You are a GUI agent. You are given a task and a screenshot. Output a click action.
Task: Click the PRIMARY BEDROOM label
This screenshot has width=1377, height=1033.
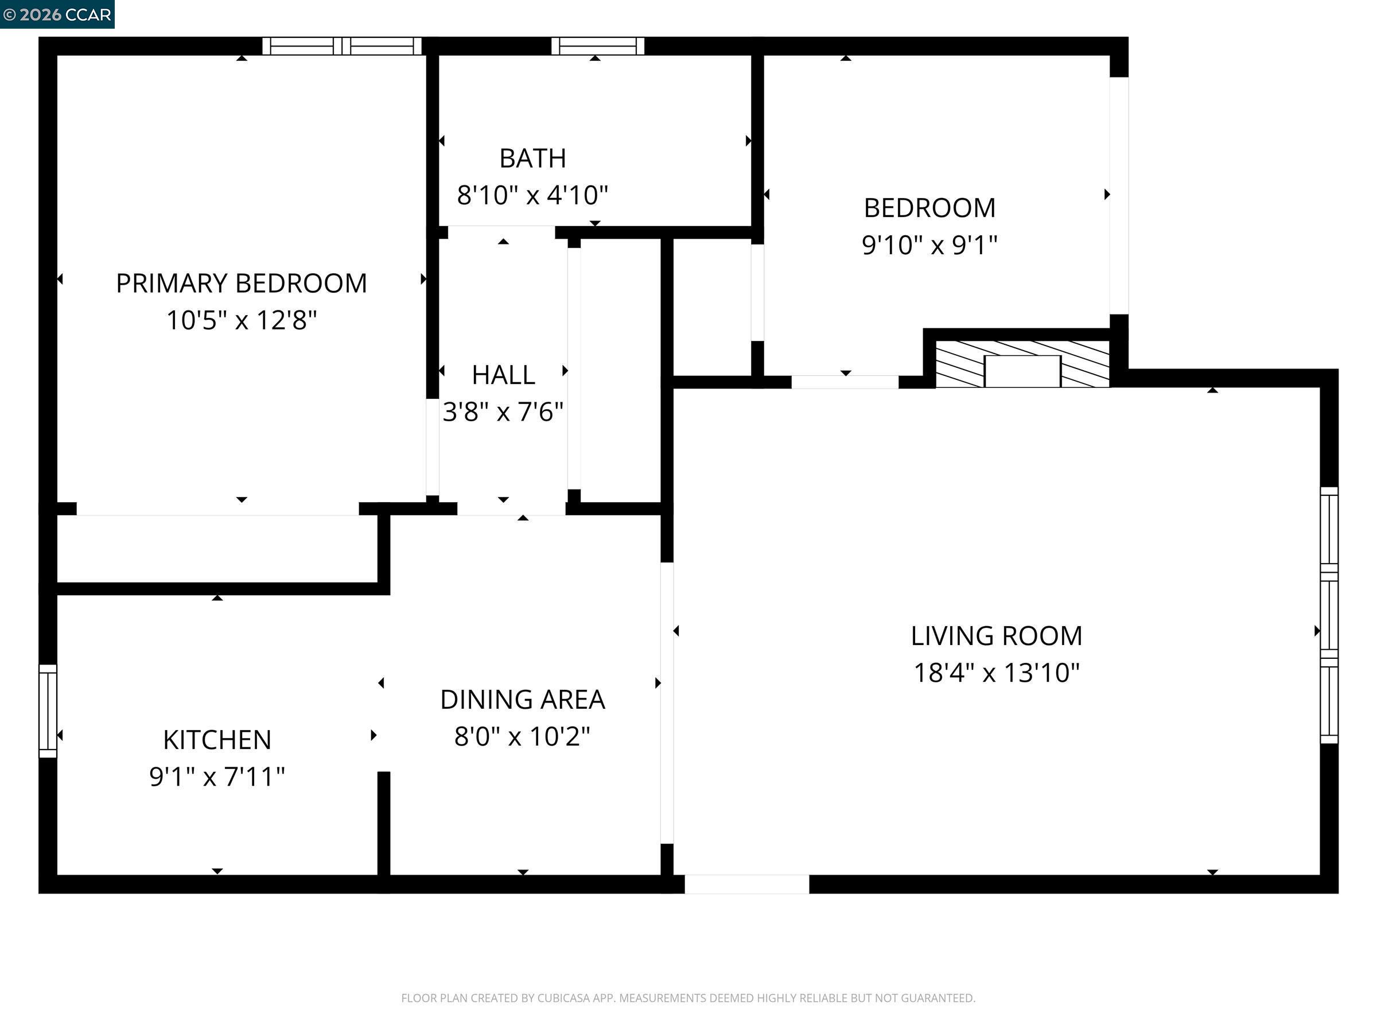(x=242, y=284)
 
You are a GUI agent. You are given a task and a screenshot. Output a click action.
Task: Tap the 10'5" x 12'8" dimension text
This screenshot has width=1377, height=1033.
(x=242, y=321)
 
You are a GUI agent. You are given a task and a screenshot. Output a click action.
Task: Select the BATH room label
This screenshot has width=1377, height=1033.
(x=532, y=158)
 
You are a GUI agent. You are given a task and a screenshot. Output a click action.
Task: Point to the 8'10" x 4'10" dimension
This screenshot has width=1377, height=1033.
(x=532, y=196)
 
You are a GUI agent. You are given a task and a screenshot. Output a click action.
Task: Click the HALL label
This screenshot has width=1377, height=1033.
(x=503, y=375)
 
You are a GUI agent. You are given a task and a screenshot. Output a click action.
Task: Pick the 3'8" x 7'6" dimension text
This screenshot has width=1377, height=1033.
(x=503, y=411)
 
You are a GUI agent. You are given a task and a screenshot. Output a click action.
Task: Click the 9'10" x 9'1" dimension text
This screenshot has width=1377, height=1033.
(x=929, y=244)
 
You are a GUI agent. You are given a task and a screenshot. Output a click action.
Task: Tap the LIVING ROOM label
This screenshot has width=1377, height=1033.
(x=996, y=636)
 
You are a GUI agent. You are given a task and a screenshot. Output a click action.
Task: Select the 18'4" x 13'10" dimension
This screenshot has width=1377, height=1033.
(x=996, y=673)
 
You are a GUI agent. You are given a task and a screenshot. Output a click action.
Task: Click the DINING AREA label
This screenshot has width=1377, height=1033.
(x=522, y=699)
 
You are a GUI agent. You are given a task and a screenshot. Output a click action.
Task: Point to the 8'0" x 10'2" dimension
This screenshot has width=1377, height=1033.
(x=522, y=737)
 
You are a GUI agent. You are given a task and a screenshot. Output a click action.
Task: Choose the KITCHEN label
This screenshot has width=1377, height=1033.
(x=217, y=740)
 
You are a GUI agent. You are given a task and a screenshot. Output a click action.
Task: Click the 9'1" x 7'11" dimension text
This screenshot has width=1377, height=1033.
(x=217, y=776)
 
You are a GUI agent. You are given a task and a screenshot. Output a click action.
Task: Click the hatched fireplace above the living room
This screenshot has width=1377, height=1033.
(x=1022, y=364)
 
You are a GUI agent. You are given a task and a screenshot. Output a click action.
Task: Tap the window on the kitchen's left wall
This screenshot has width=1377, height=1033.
(x=48, y=710)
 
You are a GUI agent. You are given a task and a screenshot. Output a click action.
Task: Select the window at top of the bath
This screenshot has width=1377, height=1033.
(x=598, y=46)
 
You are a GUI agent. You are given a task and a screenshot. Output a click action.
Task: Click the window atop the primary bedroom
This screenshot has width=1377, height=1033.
(x=342, y=46)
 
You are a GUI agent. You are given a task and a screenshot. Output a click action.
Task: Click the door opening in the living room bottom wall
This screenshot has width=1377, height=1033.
(x=746, y=884)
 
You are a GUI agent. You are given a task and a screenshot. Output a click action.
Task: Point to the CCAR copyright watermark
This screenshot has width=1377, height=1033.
(x=57, y=14)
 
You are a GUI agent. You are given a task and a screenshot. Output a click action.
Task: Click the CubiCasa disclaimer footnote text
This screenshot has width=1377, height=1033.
(x=688, y=998)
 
